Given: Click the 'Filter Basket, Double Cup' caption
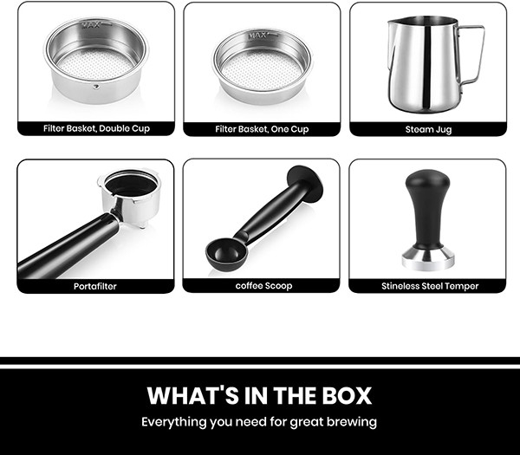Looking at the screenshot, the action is tap(96, 128).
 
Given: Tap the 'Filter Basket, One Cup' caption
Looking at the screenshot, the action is tap(262, 129).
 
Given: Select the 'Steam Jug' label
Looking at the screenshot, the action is tap(428, 129).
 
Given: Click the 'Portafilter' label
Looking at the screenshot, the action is tap(95, 286).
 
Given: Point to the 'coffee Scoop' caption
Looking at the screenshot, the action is tap(264, 286).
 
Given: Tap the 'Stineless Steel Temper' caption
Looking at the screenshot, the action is tap(430, 286).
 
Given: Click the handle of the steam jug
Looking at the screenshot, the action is tap(471, 54).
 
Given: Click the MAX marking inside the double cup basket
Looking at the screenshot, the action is tap(90, 25).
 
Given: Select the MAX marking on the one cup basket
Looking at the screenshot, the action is tap(257, 36).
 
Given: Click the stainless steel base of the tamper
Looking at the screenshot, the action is tap(428, 258).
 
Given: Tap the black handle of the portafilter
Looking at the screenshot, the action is tap(68, 246).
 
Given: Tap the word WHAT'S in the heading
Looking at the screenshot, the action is tap(193, 396).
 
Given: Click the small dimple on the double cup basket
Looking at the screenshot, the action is tap(96, 87).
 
